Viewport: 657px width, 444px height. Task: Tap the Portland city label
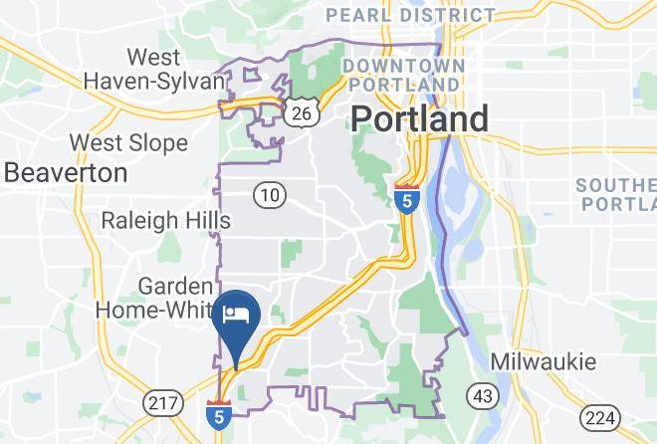(419, 119)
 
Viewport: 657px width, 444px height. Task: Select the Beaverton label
(66, 172)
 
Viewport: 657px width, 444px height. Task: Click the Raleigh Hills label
(166, 220)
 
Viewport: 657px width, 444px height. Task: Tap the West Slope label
(128, 143)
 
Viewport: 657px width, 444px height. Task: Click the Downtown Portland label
(402, 75)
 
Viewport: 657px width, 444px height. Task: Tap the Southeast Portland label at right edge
(618, 194)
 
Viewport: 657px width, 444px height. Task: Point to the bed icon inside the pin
(236, 315)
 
